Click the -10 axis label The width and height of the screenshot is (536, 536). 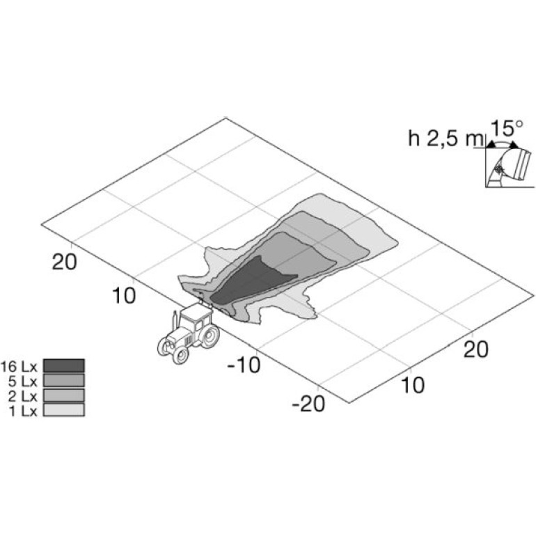[x=244, y=365]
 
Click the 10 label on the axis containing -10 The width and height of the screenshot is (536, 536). [x=124, y=295]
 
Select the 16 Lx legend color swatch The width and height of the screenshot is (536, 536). [x=64, y=365]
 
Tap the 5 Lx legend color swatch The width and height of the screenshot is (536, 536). [x=64, y=380]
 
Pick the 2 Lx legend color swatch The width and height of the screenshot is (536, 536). [x=64, y=395]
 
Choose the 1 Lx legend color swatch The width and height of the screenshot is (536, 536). [x=64, y=410]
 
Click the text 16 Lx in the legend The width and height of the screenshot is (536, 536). [x=19, y=366]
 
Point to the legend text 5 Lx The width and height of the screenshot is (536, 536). [x=22, y=381]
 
